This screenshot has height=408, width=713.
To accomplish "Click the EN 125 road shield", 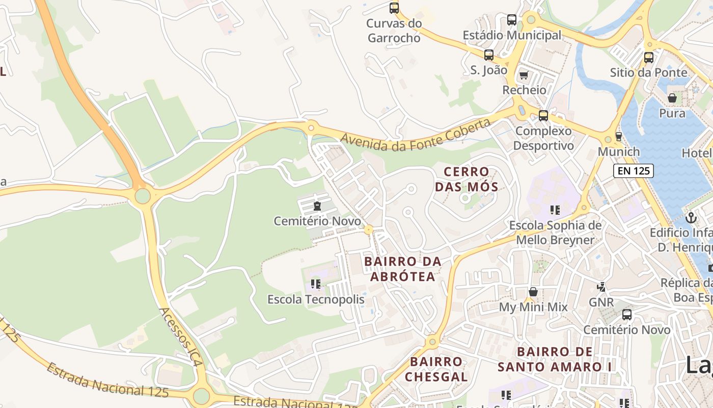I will pos(633,171).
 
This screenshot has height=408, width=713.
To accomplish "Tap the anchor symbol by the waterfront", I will pos(691,218).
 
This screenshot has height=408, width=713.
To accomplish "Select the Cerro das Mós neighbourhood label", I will pos(466,179).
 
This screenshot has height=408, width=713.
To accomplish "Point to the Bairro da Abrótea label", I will pos(403,269).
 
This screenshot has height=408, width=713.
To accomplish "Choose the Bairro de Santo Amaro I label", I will pos(555,359).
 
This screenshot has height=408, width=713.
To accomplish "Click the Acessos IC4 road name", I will pos(181,337).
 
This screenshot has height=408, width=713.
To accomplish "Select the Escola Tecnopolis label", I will pos(316,299).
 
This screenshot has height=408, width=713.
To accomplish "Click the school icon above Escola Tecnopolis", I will pos(316,284).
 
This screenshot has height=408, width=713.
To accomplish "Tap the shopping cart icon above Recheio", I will pos(524,76).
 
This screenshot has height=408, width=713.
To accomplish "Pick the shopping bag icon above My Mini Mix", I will pos(533,292).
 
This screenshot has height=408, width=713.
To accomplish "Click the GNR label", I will pos(601,302).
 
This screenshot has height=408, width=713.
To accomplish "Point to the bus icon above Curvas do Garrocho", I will pos(394,8).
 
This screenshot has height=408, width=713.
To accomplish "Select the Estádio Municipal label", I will pos(511,35).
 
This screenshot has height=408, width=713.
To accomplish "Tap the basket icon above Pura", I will pos(672,98).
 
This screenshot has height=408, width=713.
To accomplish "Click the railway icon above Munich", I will pos(618,137).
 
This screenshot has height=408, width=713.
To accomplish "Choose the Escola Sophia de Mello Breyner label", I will pos(555,233).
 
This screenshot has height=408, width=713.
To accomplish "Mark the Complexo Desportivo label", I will pos(543,138).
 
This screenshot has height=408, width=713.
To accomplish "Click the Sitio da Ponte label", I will pos(648,72).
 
